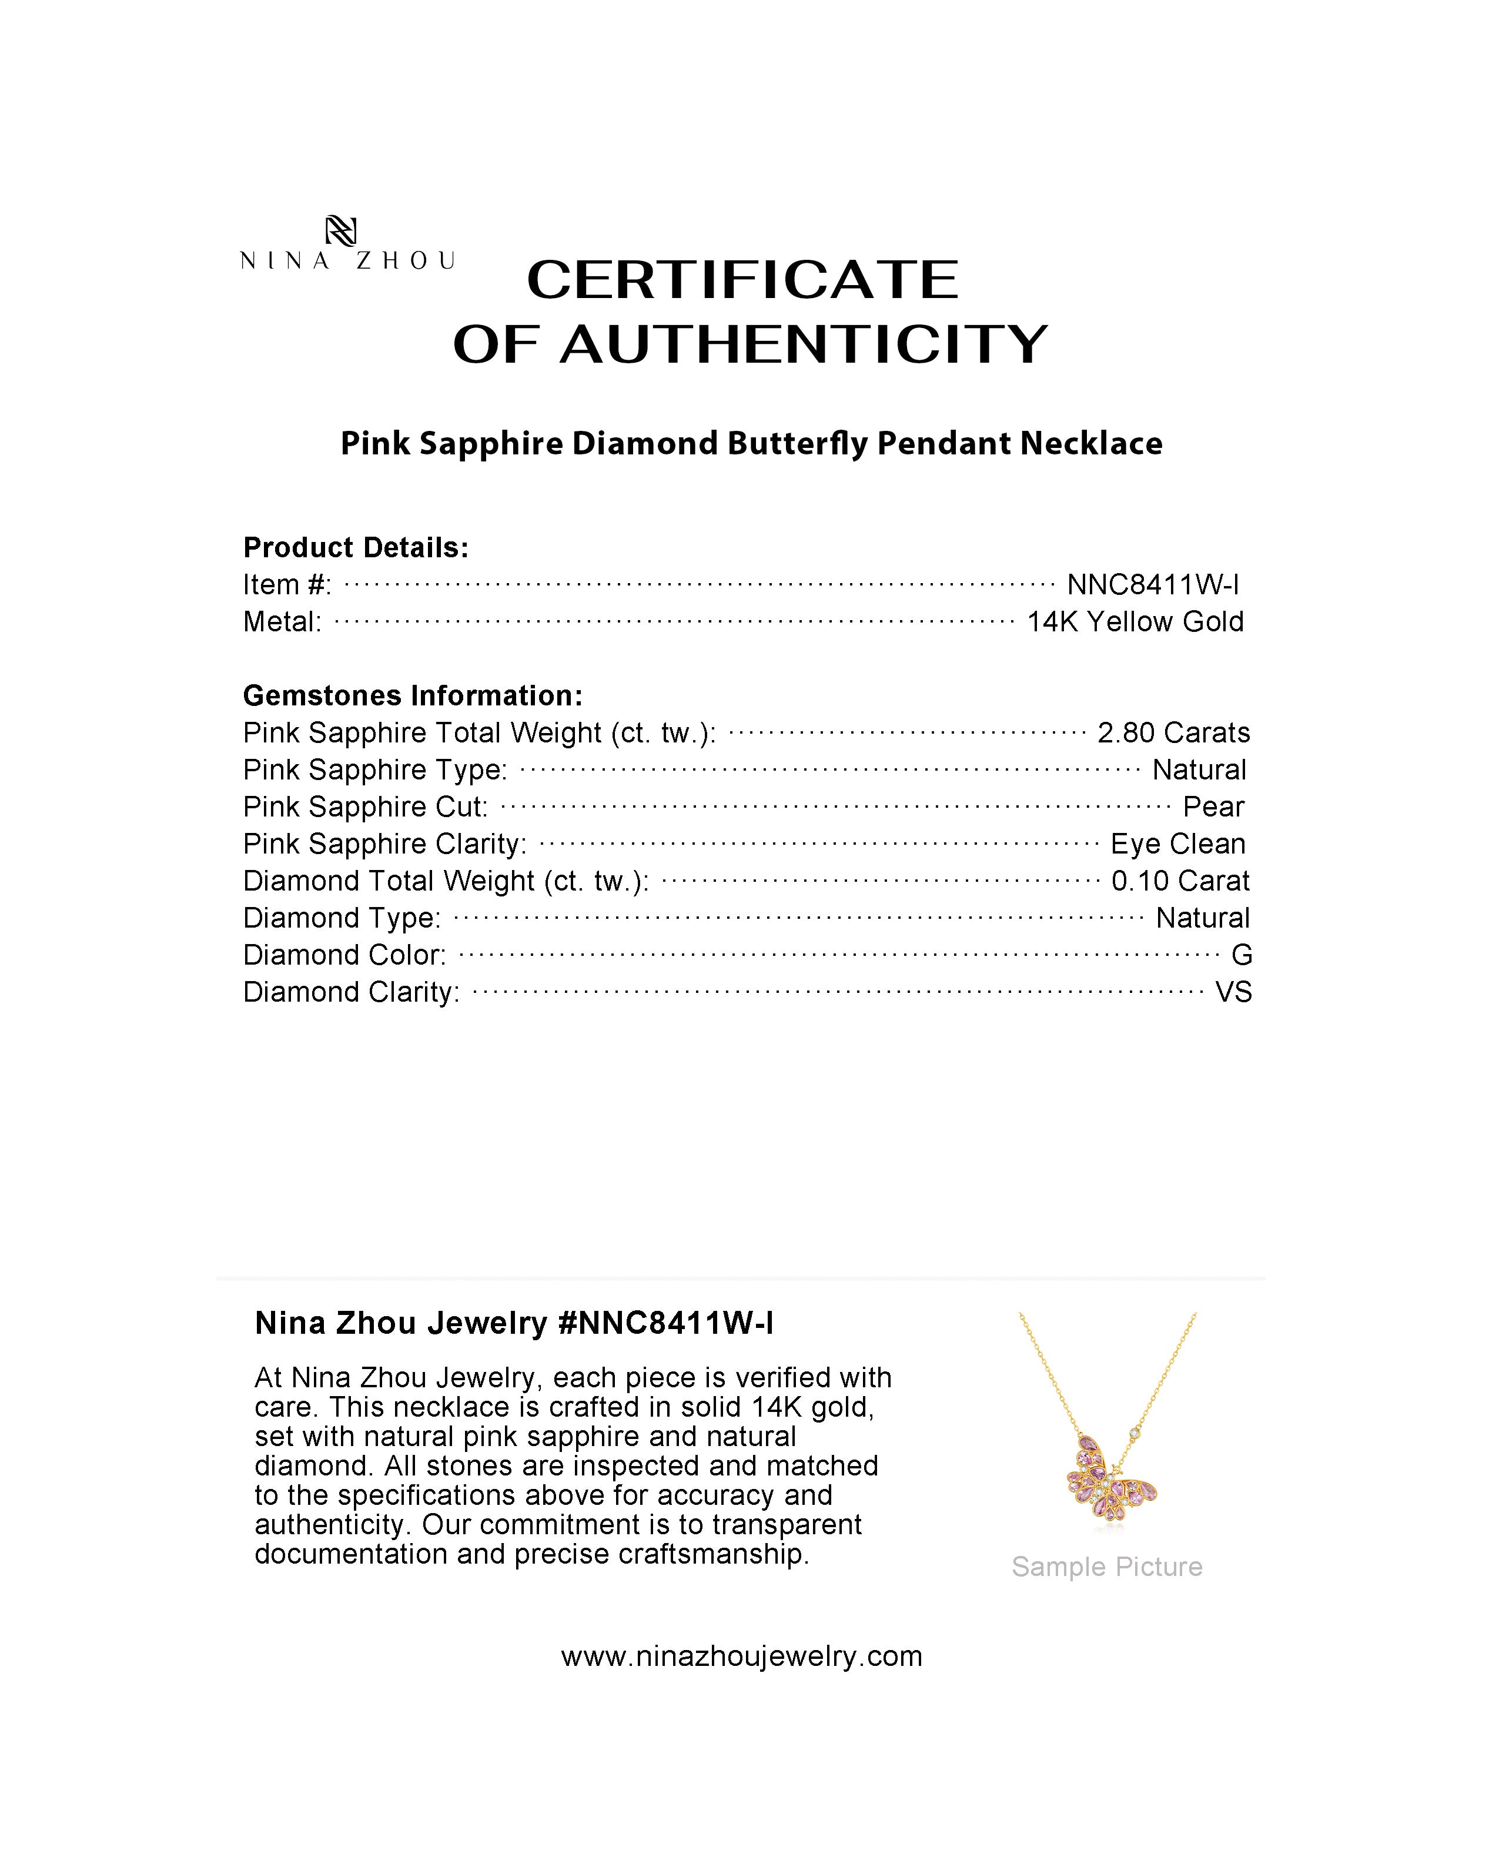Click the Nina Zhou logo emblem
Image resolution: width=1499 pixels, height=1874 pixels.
[x=340, y=231]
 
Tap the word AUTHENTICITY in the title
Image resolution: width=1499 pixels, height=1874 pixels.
[x=804, y=344]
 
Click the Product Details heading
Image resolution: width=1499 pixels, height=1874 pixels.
[x=356, y=548]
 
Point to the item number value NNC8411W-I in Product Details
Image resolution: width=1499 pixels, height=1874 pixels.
[x=1152, y=585]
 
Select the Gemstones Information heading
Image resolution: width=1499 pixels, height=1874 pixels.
[x=412, y=695]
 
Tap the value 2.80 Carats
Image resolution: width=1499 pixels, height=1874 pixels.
[x=1173, y=733]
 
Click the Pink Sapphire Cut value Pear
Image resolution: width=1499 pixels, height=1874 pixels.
[x=1213, y=807]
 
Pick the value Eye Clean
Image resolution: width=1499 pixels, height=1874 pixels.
[x=1177, y=844]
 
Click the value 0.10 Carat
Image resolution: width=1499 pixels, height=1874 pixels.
[x=1180, y=881]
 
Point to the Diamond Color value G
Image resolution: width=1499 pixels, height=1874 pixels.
[x=1241, y=955]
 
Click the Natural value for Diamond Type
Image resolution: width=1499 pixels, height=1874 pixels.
[x=1202, y=918]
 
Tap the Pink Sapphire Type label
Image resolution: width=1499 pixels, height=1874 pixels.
[x=374, y=770]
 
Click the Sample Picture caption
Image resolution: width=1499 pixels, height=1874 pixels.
[x=1106, y=1567]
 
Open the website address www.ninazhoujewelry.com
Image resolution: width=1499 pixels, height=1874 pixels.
[x=741, y=1656]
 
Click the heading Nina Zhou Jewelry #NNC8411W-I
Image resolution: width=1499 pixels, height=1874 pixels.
[x=514, y=1323]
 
